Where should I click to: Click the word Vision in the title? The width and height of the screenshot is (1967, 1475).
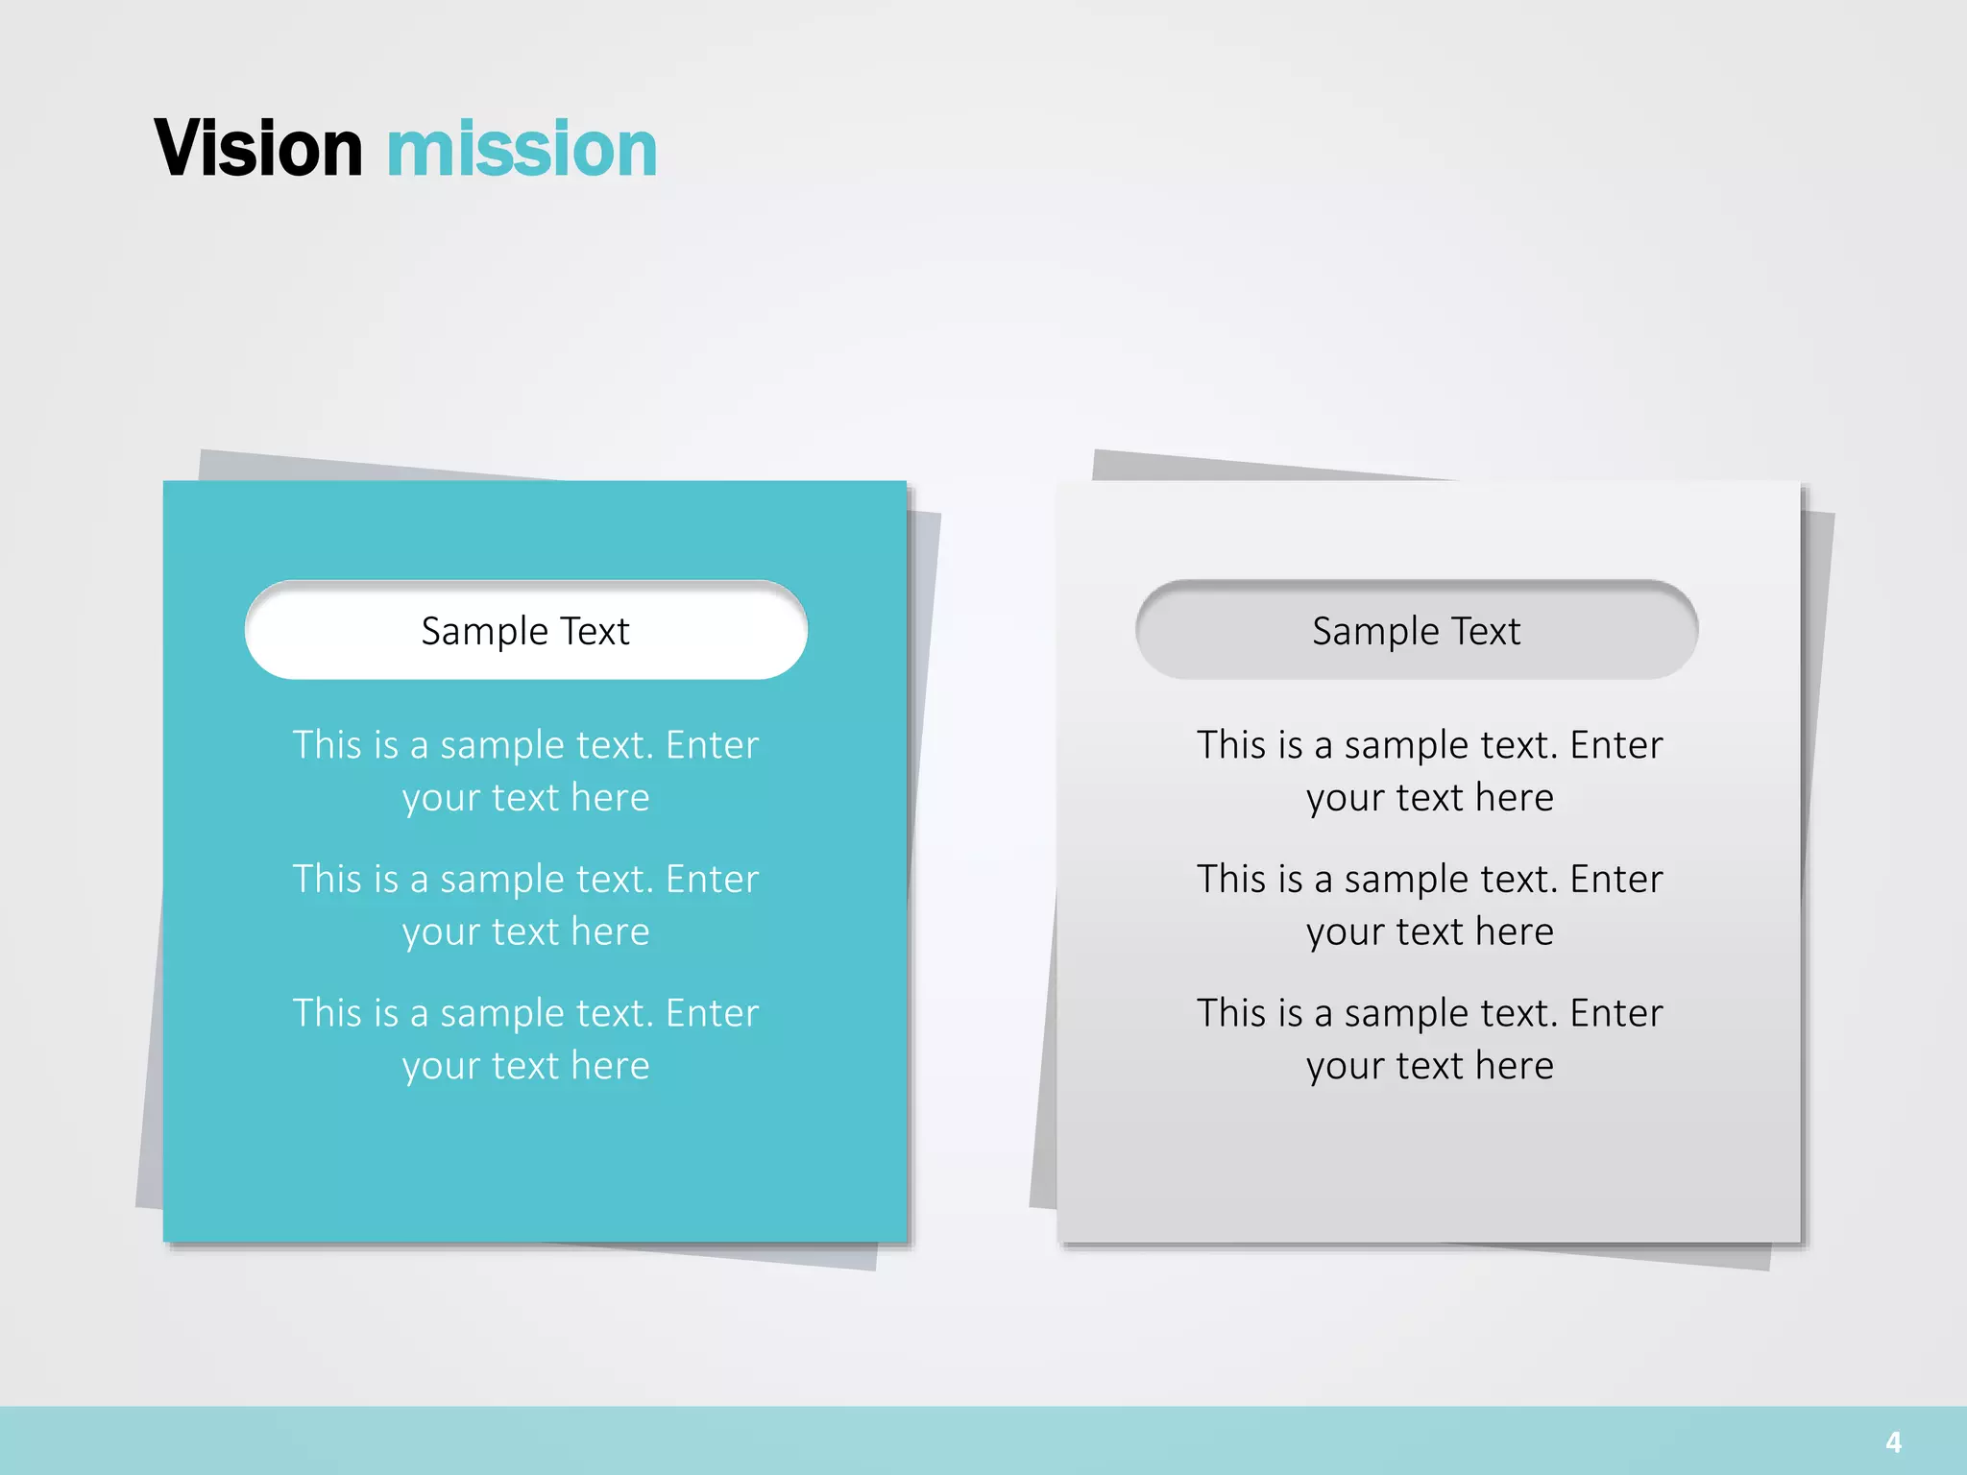(x=257, y=149)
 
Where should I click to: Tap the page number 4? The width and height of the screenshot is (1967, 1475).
(x=1893, y=1441)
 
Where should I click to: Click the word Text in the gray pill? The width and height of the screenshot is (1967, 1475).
(x=1486, y=632)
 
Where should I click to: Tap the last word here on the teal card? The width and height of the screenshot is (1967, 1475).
(x=610, y=1066)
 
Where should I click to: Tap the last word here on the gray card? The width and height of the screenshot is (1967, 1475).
(x=1514, y=1066)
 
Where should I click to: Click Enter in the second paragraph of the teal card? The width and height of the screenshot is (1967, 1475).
(x=712, y=880)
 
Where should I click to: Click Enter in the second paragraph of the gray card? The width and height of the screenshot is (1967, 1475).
(x=1616, y=880)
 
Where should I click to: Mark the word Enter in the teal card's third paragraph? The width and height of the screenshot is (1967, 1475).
(x=712, y=1013)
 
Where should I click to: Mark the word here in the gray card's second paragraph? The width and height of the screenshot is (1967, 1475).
(x=1514, y=932)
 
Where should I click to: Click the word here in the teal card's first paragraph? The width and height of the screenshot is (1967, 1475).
(x=610, y=798)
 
